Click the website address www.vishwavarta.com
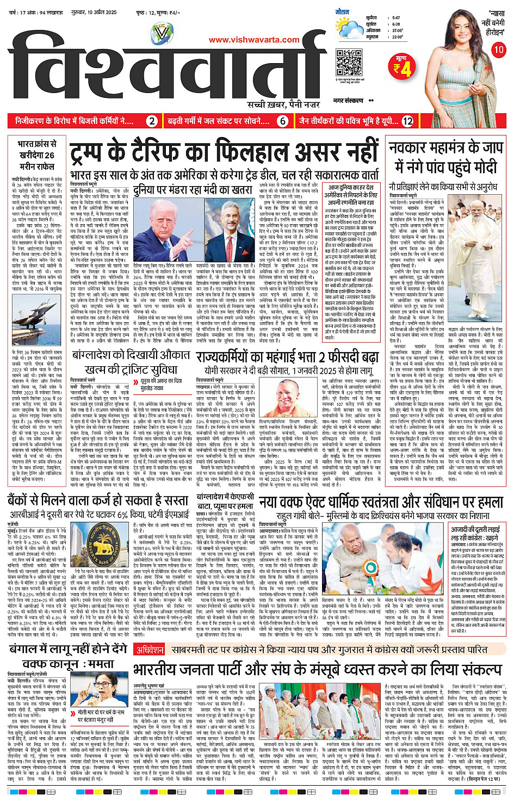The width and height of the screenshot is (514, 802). (254, 40)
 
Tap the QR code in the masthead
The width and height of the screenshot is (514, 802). (349, 63)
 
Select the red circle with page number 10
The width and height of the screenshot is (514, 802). (498, 50)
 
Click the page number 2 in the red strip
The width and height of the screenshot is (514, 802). (152, 121)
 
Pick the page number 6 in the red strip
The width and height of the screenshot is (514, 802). (282, 121)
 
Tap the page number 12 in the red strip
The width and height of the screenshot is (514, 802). (407, 121)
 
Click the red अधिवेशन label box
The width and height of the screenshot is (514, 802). (150, 650)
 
